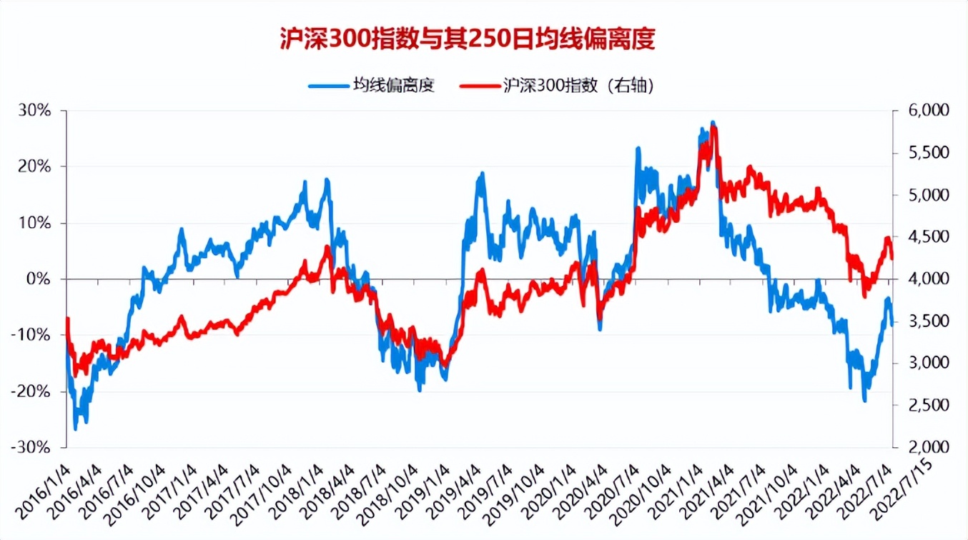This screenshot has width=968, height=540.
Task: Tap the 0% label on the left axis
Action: (x=40, y=279)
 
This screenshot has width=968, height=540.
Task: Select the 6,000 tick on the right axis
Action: (x=917, y=111)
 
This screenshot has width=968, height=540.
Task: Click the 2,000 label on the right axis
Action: (x=917, y=447)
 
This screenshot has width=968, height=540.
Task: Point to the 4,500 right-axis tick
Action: (x=917, y=237)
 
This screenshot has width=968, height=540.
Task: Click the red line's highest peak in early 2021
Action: (x=713, y=127)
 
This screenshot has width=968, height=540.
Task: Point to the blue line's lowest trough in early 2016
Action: (x=76, y=429)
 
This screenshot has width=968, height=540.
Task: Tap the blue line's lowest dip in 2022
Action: (x=864, y=401)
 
